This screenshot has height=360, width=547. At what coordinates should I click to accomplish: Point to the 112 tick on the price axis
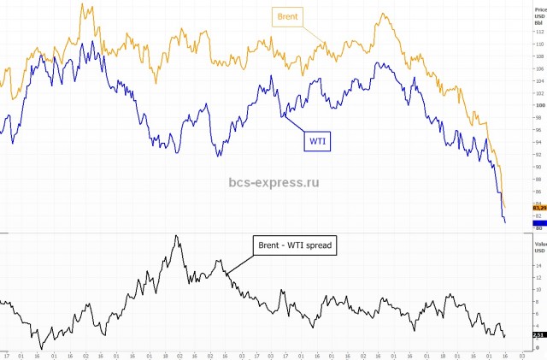click(538, 32)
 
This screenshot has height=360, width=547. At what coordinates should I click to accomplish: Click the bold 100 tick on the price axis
click(538, 105)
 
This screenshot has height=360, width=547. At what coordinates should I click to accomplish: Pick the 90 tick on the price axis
click(538, 167)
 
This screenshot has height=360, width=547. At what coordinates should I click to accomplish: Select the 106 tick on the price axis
click(538, 68)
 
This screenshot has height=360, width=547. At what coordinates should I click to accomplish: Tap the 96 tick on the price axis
click(538, 130)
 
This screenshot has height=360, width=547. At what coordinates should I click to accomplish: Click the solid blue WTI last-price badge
click(538, 222)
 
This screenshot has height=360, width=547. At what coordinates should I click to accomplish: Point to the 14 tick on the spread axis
click(538, 265)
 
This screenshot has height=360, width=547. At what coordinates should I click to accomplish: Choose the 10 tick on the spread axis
click(538, 289)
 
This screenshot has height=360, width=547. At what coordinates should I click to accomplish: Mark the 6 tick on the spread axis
click(538, 313)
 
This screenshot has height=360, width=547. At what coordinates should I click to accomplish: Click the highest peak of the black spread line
click(176, 236)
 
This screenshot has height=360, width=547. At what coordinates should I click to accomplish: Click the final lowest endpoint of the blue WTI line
click(505, 223)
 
